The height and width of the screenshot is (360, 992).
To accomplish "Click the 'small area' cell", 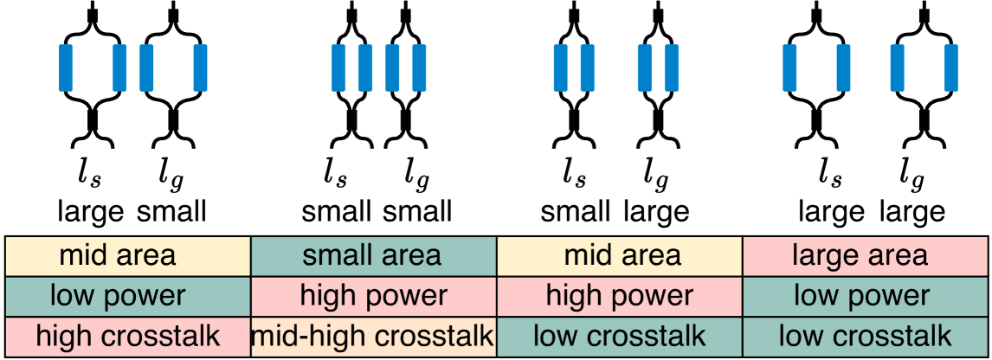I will tap(373, 256).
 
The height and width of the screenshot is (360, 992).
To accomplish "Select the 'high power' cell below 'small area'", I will tap(373, 296).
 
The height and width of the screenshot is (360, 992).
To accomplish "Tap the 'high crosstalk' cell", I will tap(127, 336).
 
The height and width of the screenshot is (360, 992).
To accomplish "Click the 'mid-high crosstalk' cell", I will tap(373, 336).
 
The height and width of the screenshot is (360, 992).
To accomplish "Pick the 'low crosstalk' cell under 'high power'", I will tap(620, 336).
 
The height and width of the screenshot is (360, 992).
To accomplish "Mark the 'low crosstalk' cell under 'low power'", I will tap(866, 336).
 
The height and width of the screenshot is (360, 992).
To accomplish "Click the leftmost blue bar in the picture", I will tap(66, 67).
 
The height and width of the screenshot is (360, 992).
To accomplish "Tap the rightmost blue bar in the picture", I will tap(950, 67).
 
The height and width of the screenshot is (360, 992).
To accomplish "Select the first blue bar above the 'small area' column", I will tap(339, 67).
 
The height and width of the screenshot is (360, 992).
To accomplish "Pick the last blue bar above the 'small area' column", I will tap(420, 67).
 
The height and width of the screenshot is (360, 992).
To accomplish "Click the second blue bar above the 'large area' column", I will tap(843, 67).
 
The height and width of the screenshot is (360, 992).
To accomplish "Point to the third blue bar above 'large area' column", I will tap(897, 67).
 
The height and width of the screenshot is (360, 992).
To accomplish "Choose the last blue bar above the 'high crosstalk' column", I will tap(200, 67).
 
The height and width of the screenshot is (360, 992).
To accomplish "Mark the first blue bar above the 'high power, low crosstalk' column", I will tap(560, 67).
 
